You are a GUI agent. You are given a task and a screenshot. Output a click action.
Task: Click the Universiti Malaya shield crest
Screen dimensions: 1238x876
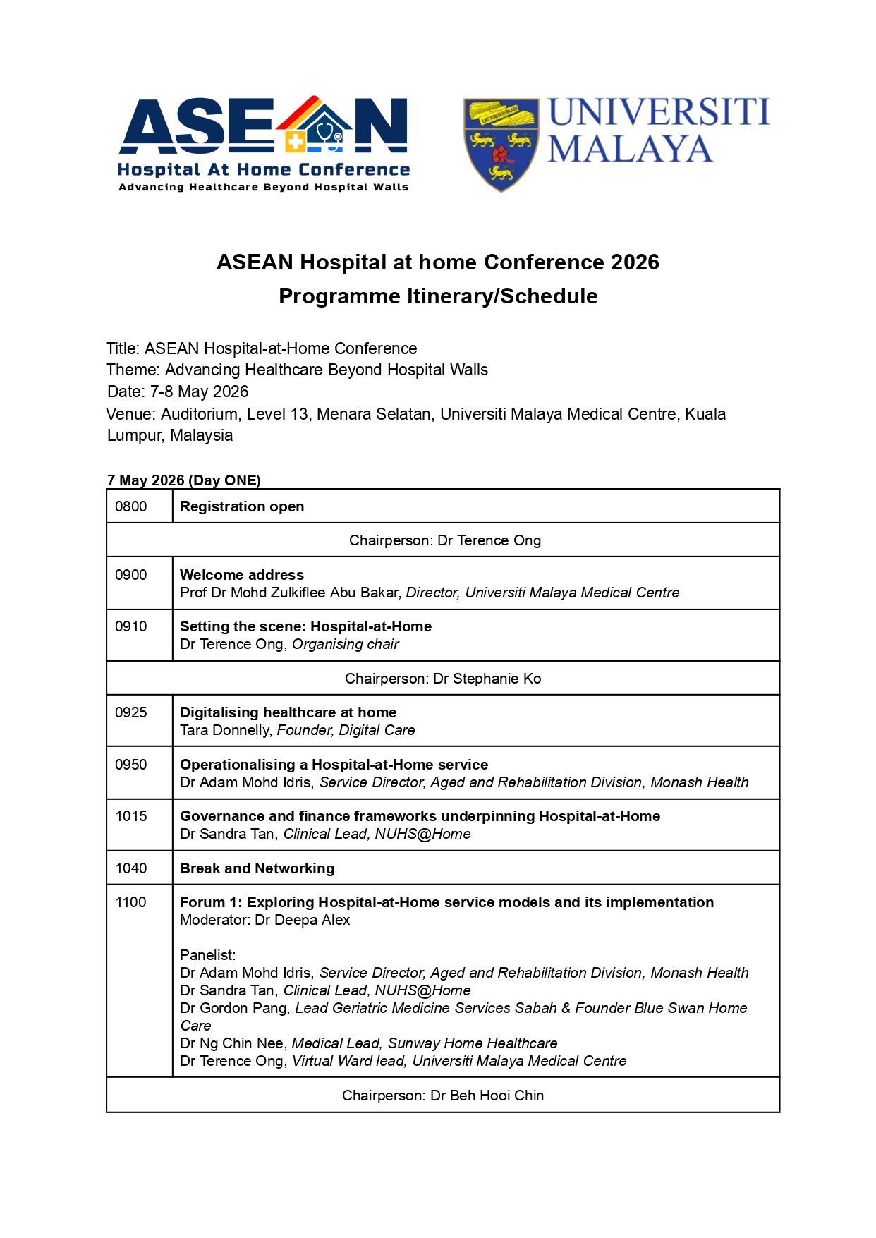[501, 145]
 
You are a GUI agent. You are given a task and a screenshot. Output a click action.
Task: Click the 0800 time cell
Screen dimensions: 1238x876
[131, 506]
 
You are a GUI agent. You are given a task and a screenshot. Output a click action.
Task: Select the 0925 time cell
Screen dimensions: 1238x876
[131, 712]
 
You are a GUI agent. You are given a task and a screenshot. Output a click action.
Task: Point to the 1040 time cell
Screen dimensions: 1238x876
[131, 868]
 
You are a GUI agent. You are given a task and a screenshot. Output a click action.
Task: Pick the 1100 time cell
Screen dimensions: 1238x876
[131, 902]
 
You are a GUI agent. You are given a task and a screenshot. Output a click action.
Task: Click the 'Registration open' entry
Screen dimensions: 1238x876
[242, 506]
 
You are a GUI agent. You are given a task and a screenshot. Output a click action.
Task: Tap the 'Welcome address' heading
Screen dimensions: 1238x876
[242, 575]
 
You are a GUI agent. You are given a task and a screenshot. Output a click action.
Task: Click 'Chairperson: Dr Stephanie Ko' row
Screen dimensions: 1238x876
[443, 679]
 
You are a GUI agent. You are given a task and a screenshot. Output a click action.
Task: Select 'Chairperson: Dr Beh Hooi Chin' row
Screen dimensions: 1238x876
[443, 1096]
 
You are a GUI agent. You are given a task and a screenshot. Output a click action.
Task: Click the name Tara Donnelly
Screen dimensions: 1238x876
[225, 730]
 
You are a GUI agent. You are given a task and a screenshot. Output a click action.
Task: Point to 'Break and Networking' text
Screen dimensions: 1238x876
[257, 868]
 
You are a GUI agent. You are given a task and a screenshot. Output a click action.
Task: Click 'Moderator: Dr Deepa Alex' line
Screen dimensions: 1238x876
[265, 920]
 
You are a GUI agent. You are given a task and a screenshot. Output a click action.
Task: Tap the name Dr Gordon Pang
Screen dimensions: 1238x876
[233, 1008]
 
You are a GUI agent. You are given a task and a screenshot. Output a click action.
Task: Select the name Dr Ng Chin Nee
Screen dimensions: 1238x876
[232, 1043]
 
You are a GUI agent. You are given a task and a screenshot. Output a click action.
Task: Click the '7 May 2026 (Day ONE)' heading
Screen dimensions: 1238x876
[184, 480]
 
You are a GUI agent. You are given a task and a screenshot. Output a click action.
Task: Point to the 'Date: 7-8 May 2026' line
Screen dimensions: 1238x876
[178, 392]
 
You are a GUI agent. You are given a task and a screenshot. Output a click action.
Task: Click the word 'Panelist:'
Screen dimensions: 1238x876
[208, 955]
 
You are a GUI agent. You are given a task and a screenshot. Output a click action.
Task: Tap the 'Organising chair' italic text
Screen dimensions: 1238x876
[346, 644]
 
